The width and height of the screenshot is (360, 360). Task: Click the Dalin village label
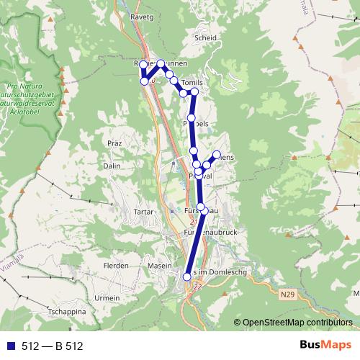(112, 166)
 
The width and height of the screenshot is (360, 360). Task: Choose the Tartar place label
(144, 212)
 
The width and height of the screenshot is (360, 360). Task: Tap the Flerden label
(116, 266)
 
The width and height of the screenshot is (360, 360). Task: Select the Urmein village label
(107, 297)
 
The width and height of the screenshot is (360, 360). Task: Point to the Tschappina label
(67, 312)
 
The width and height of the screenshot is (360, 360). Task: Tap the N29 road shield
(288, 294)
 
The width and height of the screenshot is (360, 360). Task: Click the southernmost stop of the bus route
(187, 276)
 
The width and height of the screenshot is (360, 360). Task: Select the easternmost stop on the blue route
(216, 155)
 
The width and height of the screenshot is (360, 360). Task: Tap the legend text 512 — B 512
(52, 346)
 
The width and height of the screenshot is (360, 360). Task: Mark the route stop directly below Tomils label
(194, 91)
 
